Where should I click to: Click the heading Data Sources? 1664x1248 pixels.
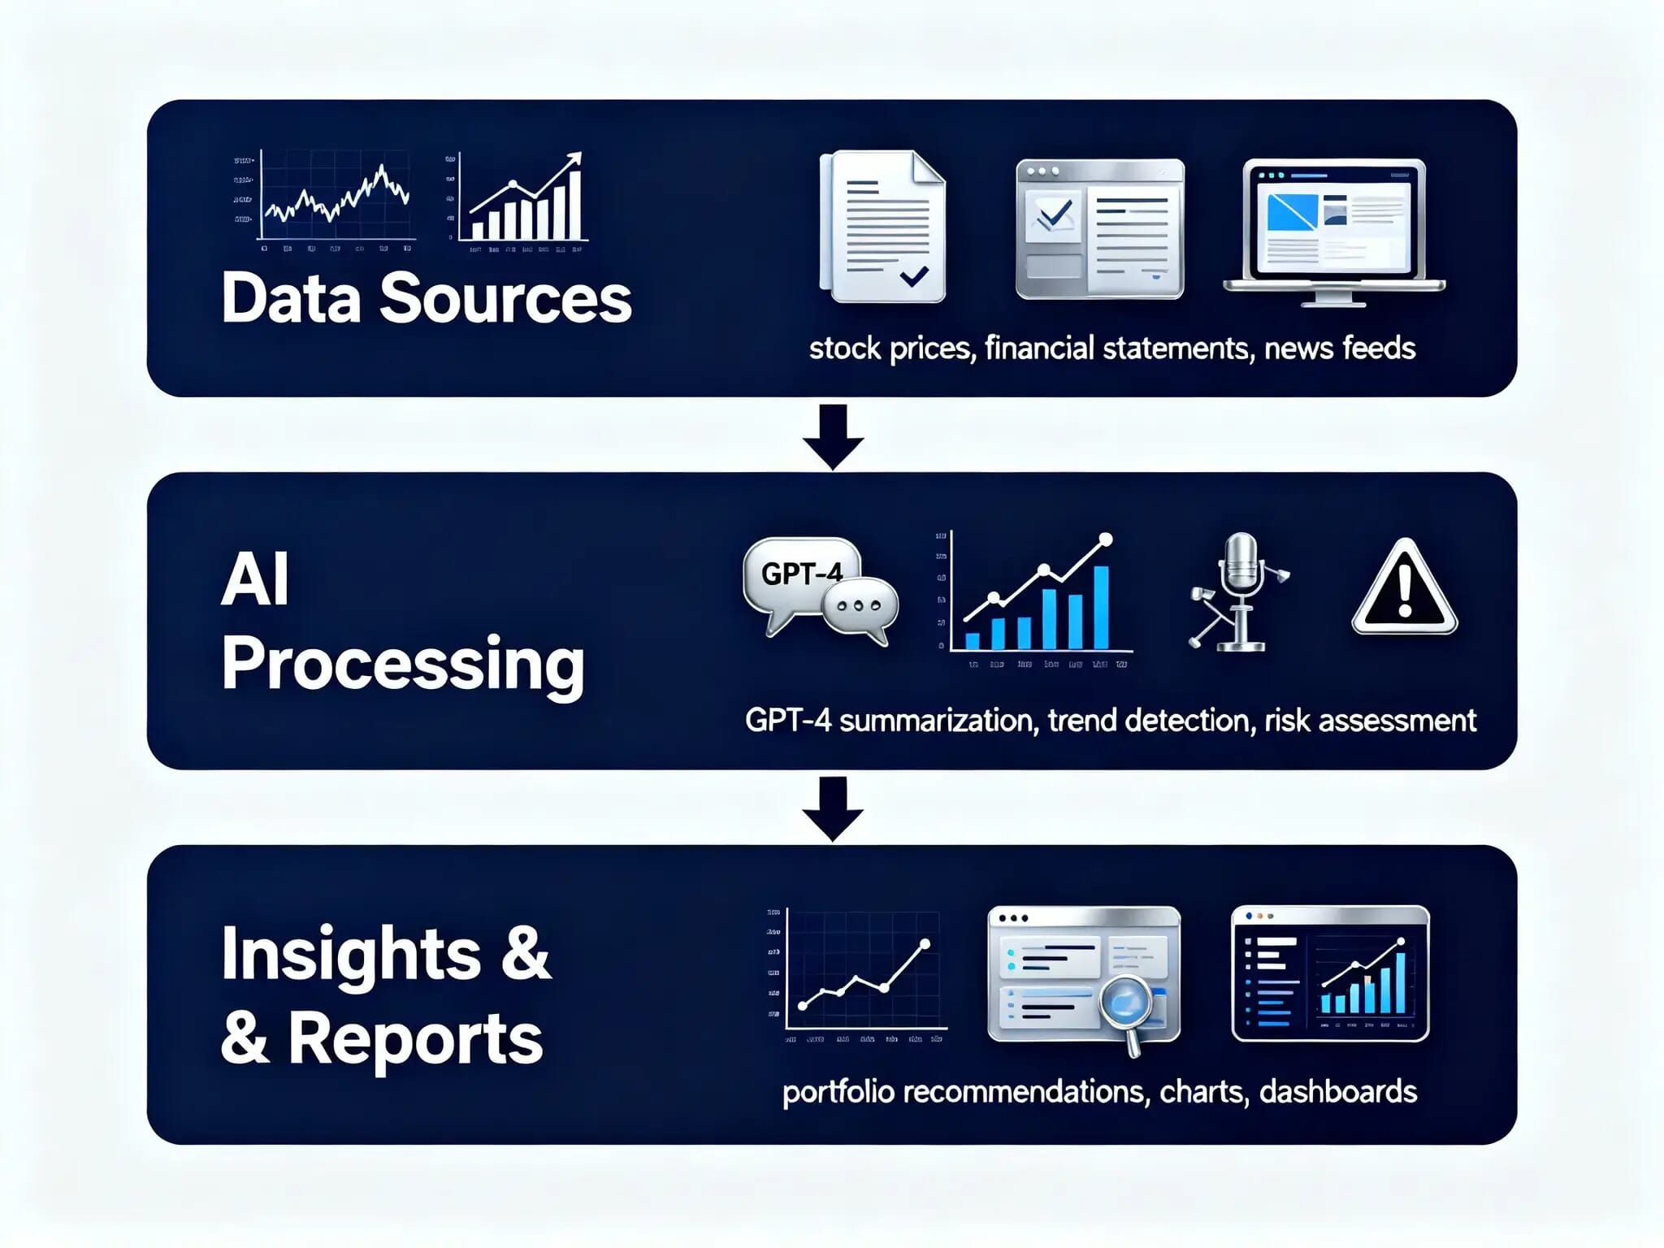click(426, 298)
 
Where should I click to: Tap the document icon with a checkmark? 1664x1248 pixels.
click(884, 227)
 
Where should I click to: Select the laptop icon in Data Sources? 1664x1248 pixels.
click(1333, 232)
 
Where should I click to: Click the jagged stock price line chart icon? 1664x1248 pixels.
click(334, 196)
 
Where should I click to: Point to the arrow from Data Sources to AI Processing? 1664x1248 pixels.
click(833, 436)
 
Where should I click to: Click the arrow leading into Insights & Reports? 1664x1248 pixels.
click(833, 808)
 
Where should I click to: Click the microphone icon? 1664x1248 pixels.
click(1240, 591)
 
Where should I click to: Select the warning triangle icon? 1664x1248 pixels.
click(1404, 589)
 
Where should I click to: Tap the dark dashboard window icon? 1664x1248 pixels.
click(1330, 973)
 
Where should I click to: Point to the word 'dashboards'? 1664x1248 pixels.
click(1337, 1092)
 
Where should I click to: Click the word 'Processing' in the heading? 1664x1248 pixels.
click(403, 665)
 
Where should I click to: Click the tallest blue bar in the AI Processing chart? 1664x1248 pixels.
click(1101, 607)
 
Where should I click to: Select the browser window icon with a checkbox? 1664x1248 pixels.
click(1099, 229)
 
